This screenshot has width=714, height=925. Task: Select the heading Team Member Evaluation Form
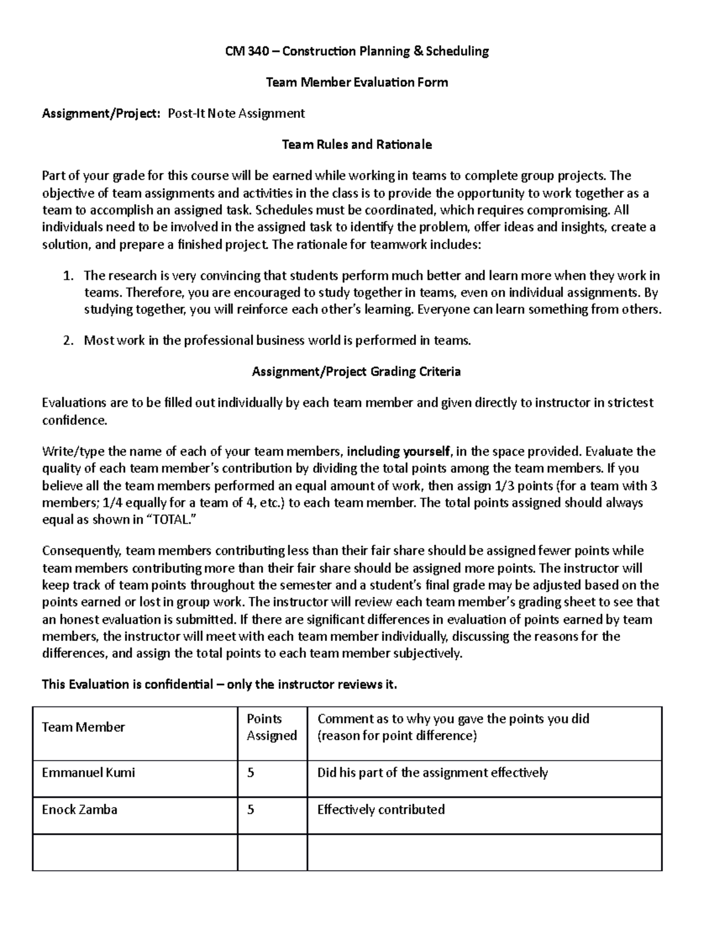click(x=356, y=82)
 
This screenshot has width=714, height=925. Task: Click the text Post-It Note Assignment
click(x=236, y=113)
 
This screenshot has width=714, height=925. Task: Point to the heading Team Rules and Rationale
click(x=356, y=144)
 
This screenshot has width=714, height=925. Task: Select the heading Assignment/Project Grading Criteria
click(x=356, y=372)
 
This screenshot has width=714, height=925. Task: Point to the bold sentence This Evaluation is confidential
click(x=219, y=684)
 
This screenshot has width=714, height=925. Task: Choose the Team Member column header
click(x=83, y=727)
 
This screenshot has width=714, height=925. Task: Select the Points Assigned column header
click(x=271, y=727)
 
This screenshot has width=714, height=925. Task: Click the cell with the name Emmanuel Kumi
click(x=88, y=773)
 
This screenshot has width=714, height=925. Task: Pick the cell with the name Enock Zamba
click(x=79, y=809)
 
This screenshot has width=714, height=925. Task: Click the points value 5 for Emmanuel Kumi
click(x=250, y=773)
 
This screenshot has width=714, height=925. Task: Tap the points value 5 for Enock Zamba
click(x=250, y=809)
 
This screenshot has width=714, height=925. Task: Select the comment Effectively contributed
click(x=381, y=809)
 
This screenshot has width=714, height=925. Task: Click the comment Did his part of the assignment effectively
click(x=432, y=773)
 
